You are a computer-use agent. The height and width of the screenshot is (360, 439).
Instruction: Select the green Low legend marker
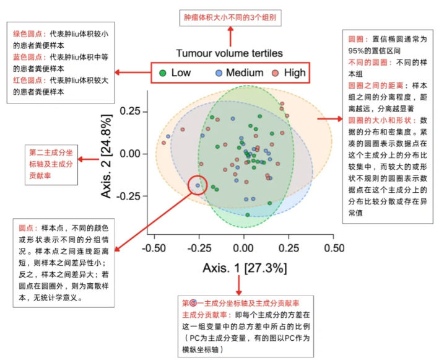click(162, 73)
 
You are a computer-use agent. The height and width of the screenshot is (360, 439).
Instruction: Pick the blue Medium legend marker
click(218, 73)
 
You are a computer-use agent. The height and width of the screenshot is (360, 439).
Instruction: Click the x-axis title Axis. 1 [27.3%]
click(244, 268)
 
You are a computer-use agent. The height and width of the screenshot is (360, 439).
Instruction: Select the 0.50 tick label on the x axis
click(334, 248)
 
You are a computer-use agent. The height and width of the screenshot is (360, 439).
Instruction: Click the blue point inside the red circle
click(198, 185)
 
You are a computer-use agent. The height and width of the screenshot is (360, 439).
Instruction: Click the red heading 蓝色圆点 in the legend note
click(27, 57)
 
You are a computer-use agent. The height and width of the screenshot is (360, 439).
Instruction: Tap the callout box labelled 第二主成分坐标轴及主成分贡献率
click(51, 163)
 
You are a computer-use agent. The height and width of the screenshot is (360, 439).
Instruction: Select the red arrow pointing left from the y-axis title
click(89, 160)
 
